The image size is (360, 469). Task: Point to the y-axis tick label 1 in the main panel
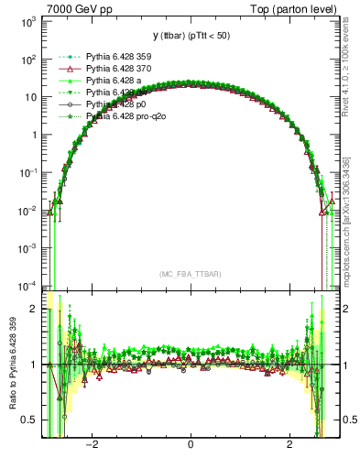coord(33,135)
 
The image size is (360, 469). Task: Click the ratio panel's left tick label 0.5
coord(28,420)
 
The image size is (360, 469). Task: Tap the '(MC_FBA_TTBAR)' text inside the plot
coord(190,276)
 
